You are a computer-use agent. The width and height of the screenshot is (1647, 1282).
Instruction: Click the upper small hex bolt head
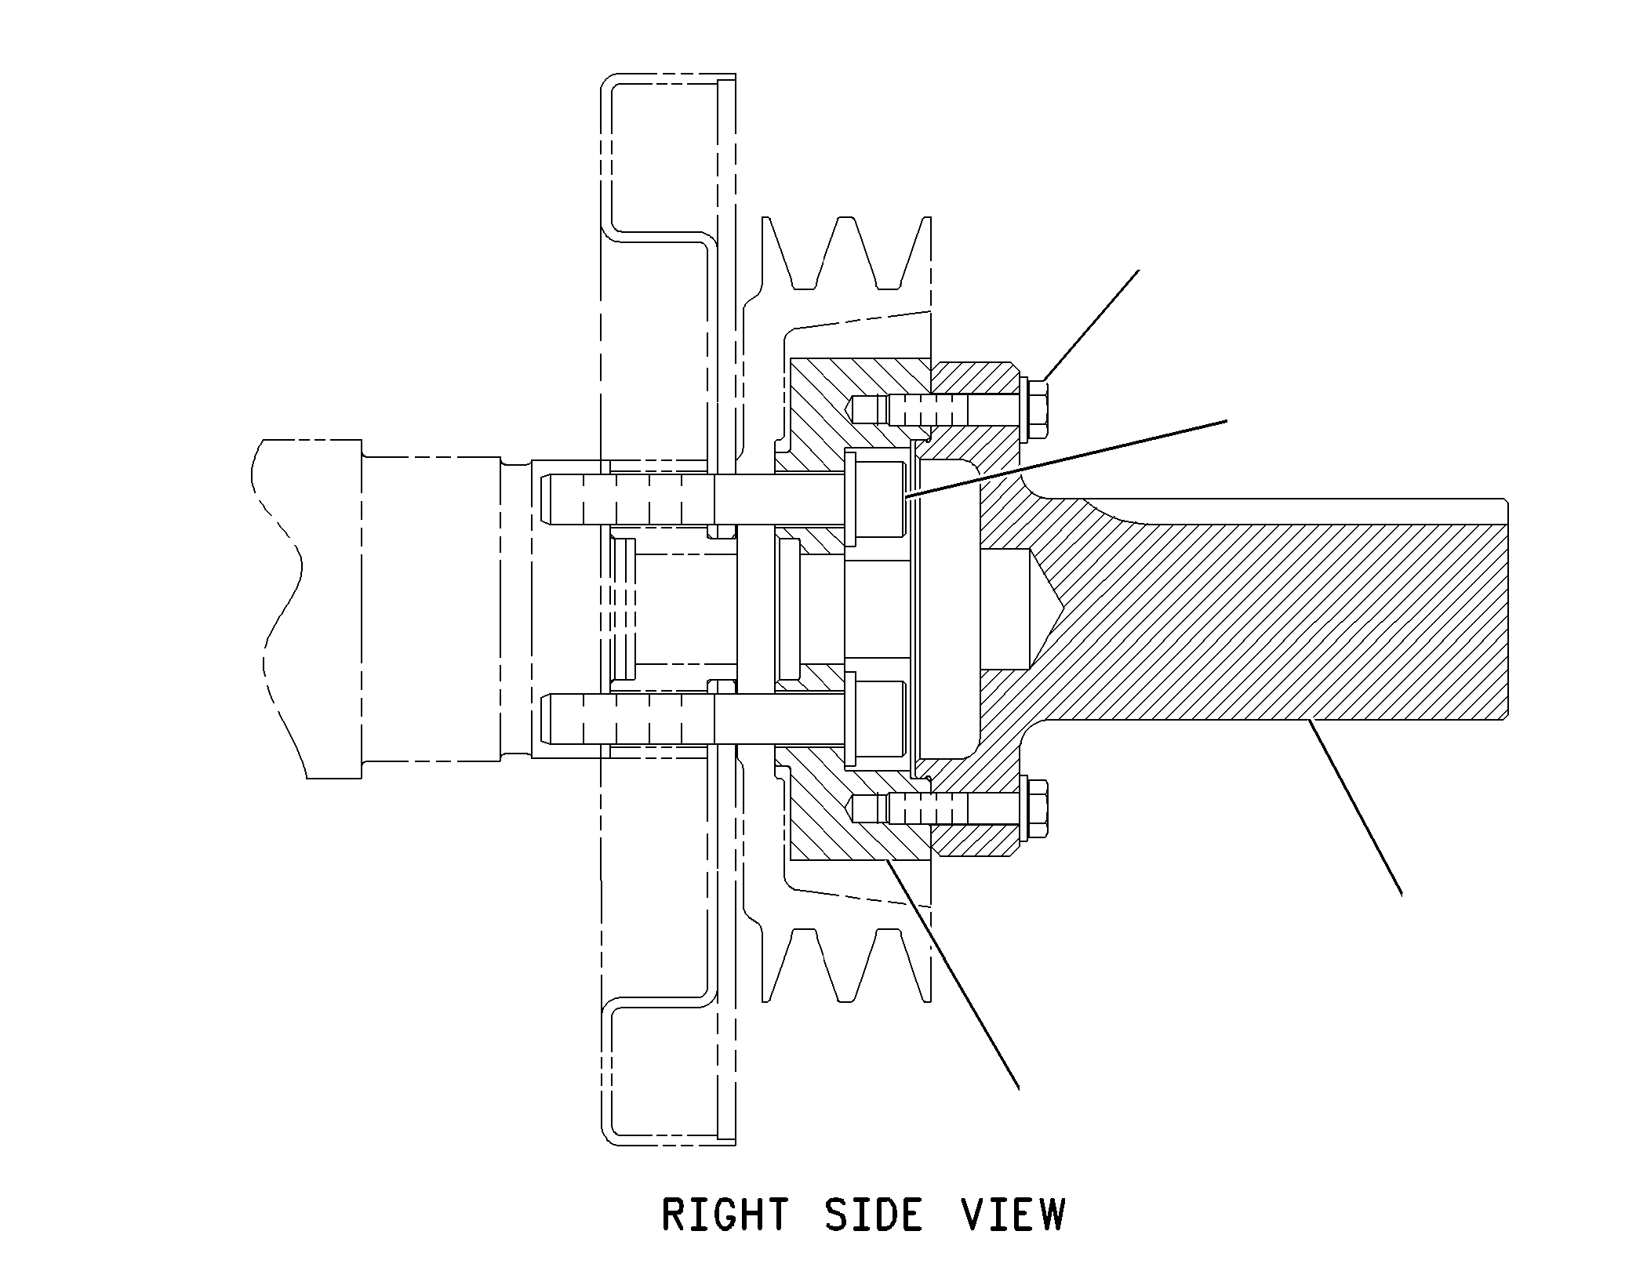[x=1036, y=409]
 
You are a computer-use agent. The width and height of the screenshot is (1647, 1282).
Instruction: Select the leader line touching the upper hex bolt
[x=1091, y=325]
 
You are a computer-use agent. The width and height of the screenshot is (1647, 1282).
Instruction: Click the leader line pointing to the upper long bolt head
[x=1064, y=459]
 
